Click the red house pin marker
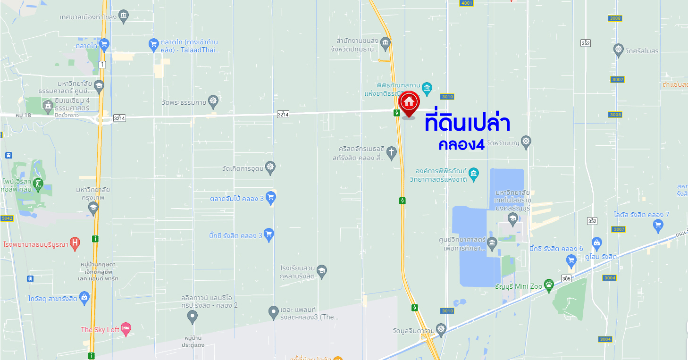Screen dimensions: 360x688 pos(409,102)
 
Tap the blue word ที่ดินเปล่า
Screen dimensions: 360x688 pos(467,123)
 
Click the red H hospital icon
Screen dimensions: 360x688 pos(75,243)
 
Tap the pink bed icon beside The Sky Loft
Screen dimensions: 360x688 pos(126,329)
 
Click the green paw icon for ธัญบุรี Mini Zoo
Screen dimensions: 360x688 pos(548,285)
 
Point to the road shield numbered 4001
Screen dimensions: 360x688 pos(466,3)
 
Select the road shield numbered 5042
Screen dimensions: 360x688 pos(7,218)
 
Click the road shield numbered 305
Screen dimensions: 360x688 pos(566,278)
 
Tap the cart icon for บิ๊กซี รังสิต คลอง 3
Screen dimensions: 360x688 pos(269,234)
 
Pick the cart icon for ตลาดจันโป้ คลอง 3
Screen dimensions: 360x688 pos(270,197)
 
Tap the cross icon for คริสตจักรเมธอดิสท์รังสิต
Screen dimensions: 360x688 pos(391,152)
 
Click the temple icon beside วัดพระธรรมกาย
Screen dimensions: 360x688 pos(214,100)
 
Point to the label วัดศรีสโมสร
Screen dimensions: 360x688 pos(642,51)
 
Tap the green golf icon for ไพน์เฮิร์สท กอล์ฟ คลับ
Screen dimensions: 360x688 pos(38,184)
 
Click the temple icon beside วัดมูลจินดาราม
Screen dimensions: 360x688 pos(441,329)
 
